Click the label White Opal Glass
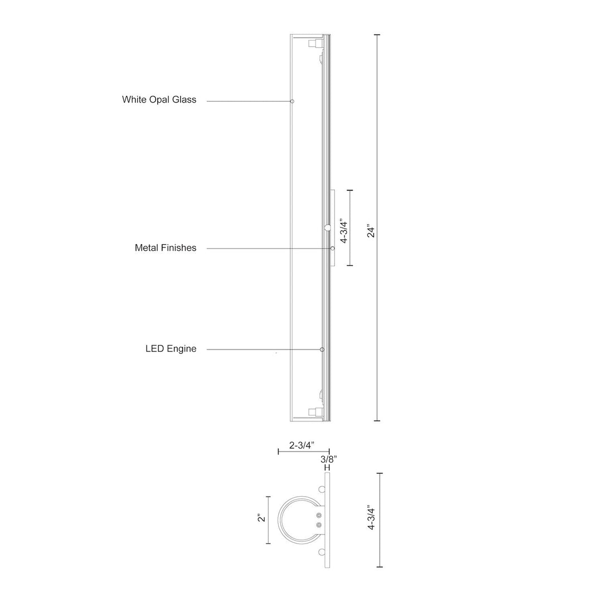[x=159, y=100]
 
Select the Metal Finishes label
[x=166, y=247]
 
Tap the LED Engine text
[x=171, y=349]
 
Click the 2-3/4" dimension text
[x=302, y=445]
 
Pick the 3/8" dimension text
[x=328, y=459]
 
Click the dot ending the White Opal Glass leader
[x=292, y=101]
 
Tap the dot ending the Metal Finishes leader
[x=332, y=248]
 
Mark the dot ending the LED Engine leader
[x=322, y=349]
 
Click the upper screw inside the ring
[x=319, y=515]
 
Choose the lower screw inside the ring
[x=319, y=525]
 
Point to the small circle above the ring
[x=322, y=489]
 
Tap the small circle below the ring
[x=322, y=552]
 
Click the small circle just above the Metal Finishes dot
[x=328, y=227]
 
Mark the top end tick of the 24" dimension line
[x=377, y=35]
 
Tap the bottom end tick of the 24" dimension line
[x=377, y=421]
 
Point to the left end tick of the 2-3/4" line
[x=278, y=451]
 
